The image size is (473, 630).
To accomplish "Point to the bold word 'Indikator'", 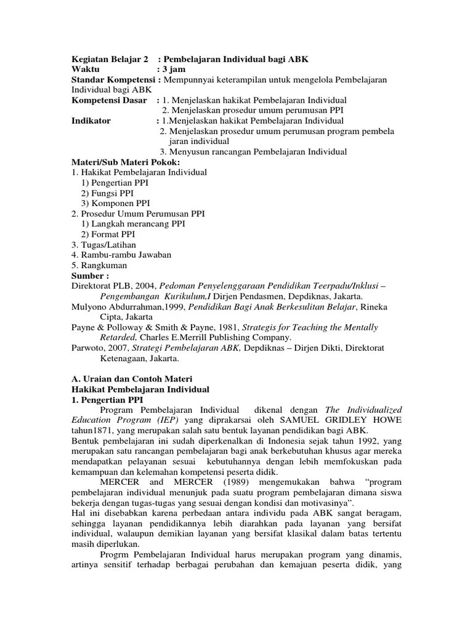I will [x=91, y=121].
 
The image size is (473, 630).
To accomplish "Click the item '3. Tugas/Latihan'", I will [x=103, y=245].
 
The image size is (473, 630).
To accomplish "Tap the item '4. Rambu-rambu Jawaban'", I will [x=121, y=255].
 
